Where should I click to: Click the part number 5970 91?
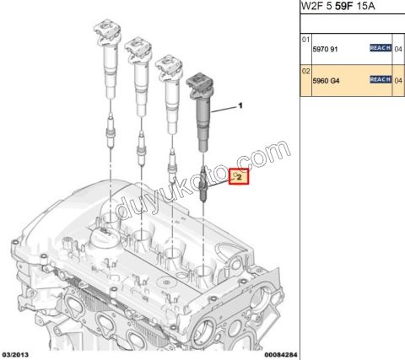click(x=321, y=49)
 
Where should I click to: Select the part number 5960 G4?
click(x=321, y=80)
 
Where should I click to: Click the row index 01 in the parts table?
click(x=305, y=40)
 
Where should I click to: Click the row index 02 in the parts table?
click(x=305, y=71)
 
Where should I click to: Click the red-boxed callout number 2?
click(x=239, y=177)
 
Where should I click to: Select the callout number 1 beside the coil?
click(x=240, y=106)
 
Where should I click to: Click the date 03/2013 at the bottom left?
click(x=17, y=354)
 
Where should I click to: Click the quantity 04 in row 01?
click(x=398, y=49)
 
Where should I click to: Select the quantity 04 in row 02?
click(x=398, y=80)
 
